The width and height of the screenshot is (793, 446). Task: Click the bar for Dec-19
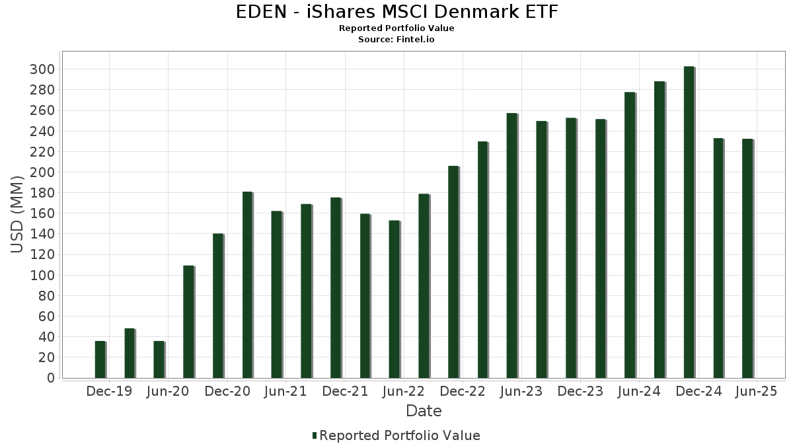click(x=100, y=359)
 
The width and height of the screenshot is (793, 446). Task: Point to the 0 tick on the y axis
click(x=50, y=378)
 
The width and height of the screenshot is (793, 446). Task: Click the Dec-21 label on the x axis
click(x=345, y=392)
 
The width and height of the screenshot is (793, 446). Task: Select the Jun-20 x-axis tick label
click(x=169, y=392)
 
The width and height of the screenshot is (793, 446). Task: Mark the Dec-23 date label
click(x=580, y=392)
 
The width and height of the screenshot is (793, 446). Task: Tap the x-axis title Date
click(x=424, y=411)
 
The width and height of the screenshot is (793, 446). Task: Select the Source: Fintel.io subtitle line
click(x=397, y=40)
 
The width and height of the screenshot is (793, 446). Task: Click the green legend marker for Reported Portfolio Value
click(x=315, y=435)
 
